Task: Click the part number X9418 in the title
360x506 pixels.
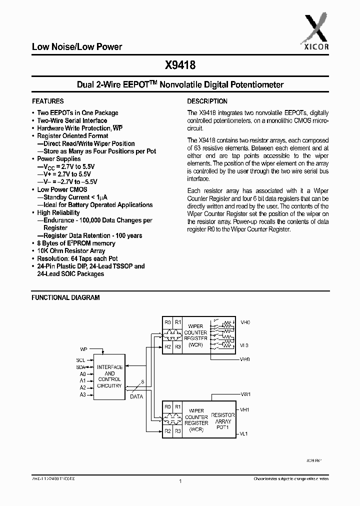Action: coord(180,64)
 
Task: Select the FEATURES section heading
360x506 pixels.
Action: coord(48,101)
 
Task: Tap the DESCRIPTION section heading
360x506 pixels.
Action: coord(207,101)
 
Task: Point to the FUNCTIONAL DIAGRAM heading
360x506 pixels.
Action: coord(65,297)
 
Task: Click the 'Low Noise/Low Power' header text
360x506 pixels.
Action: coord(77,47)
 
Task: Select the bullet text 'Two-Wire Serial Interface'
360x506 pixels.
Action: coord(72,120)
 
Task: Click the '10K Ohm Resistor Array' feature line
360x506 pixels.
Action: coord(71,251)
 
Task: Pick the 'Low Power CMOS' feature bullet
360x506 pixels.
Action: coord(62,189)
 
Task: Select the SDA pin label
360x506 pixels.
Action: coord(81,367)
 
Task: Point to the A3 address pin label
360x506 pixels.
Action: coord(82,394)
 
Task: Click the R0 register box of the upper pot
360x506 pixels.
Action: coord(167,322)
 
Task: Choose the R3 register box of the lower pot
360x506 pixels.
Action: coord(178,431)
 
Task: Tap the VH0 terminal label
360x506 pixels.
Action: coord(245,322)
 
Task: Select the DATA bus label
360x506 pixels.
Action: coord(136,396)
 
